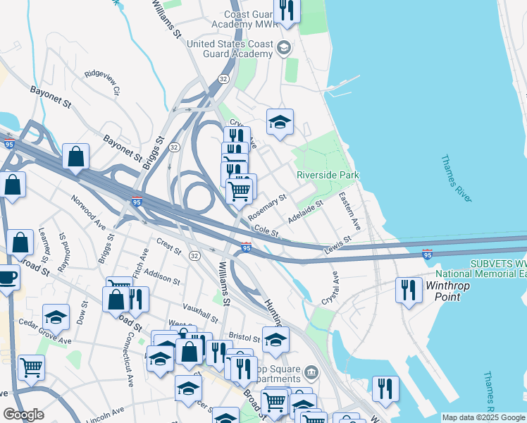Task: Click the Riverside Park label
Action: click(x=328, y=175)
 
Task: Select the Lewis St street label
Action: click(x=337, y=244)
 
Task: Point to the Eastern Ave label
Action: click(x=349, y=211)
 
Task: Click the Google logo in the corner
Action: click(x=23, y=415)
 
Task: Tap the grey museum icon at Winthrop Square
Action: click(x=311, y=371)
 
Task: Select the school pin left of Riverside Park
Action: click(x=280, y=121)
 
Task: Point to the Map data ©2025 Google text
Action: click(x=483, y=417)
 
